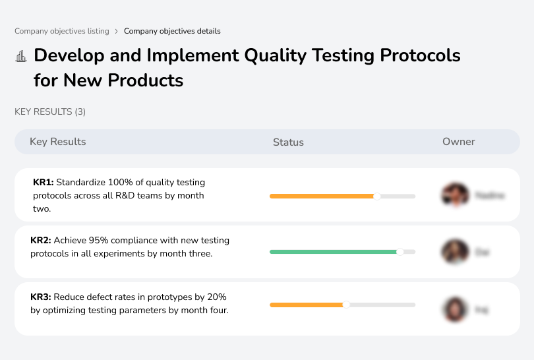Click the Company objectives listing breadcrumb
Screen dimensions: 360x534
(x=62, y=31)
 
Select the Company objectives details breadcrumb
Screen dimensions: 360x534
(x=172, y=31)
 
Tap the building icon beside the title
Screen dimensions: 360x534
(x=21, y=56)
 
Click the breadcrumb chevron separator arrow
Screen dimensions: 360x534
(x=117, y=31)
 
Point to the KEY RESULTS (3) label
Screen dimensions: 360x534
(x=50, y=112)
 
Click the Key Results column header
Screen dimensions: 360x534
(x=57, y=142)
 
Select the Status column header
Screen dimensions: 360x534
(x=288, y=142)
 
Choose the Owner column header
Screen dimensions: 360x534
(x=458, y=142)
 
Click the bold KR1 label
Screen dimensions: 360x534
(x=43, y=182)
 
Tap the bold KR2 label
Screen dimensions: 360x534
(x=41, y=241)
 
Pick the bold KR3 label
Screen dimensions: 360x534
(x=41, y=297)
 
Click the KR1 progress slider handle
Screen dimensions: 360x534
(x=377, y=196)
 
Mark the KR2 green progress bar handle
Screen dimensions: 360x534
(x=400, y=252)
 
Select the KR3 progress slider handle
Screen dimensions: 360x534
(x=346, y=305)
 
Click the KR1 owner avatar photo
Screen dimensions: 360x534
(x=454, y=195)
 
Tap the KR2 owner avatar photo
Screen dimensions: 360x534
(x=454, y=252)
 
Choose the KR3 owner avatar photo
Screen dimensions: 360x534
(x=454, y=309)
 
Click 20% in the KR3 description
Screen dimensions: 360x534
(x=215, y=297)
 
